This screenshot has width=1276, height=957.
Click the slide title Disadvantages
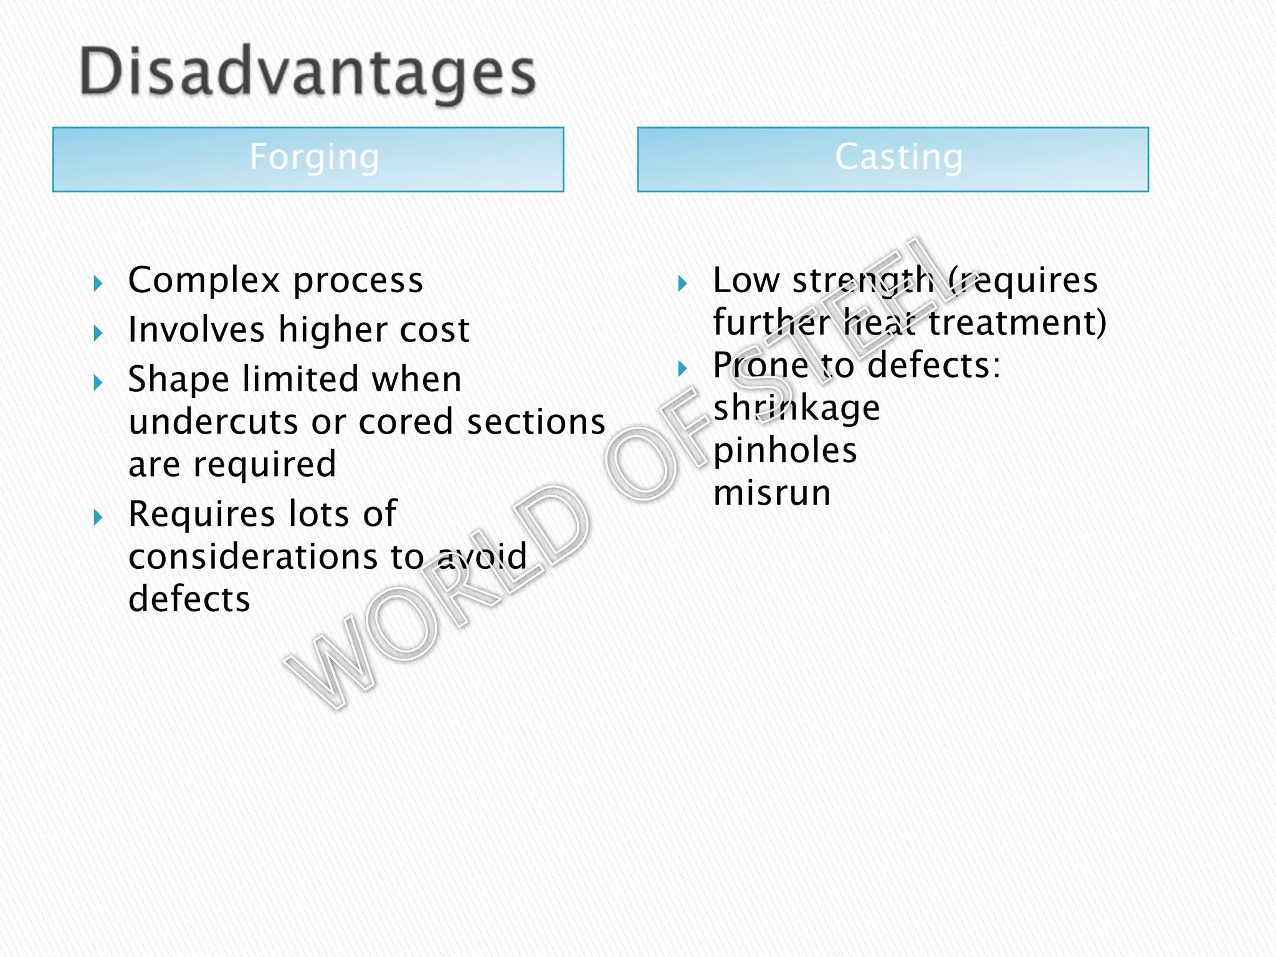308,74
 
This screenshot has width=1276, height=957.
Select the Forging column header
314,157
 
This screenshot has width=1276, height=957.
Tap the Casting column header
898,157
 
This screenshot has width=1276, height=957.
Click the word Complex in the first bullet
204,281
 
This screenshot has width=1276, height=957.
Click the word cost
434,330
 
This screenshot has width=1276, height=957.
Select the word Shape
178,380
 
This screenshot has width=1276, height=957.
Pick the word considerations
252,556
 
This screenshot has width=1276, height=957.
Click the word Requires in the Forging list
202,515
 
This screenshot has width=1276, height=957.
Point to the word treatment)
1017,323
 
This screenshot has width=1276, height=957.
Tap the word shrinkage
796,409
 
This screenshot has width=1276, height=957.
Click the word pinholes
785,450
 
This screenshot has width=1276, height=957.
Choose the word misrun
772,493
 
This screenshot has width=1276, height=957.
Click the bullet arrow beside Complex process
98,284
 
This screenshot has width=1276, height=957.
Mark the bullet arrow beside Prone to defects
682,368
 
